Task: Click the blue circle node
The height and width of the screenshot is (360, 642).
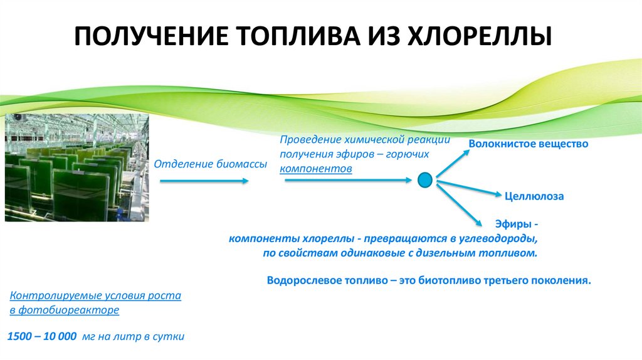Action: tap(425, 181)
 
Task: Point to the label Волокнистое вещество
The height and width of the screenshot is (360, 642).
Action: tap(529, 144)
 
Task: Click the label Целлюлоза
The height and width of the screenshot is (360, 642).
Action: tap(534, 196)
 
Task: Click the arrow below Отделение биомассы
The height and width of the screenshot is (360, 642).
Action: tap(204, 181)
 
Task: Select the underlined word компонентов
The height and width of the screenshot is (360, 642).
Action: tap(316, 169)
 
